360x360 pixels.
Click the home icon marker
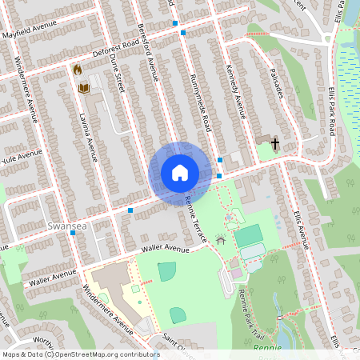point(180,173)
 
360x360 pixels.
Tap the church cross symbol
point(274,144)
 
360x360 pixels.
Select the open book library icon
point(82,86)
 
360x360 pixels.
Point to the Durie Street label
point(117,75)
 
